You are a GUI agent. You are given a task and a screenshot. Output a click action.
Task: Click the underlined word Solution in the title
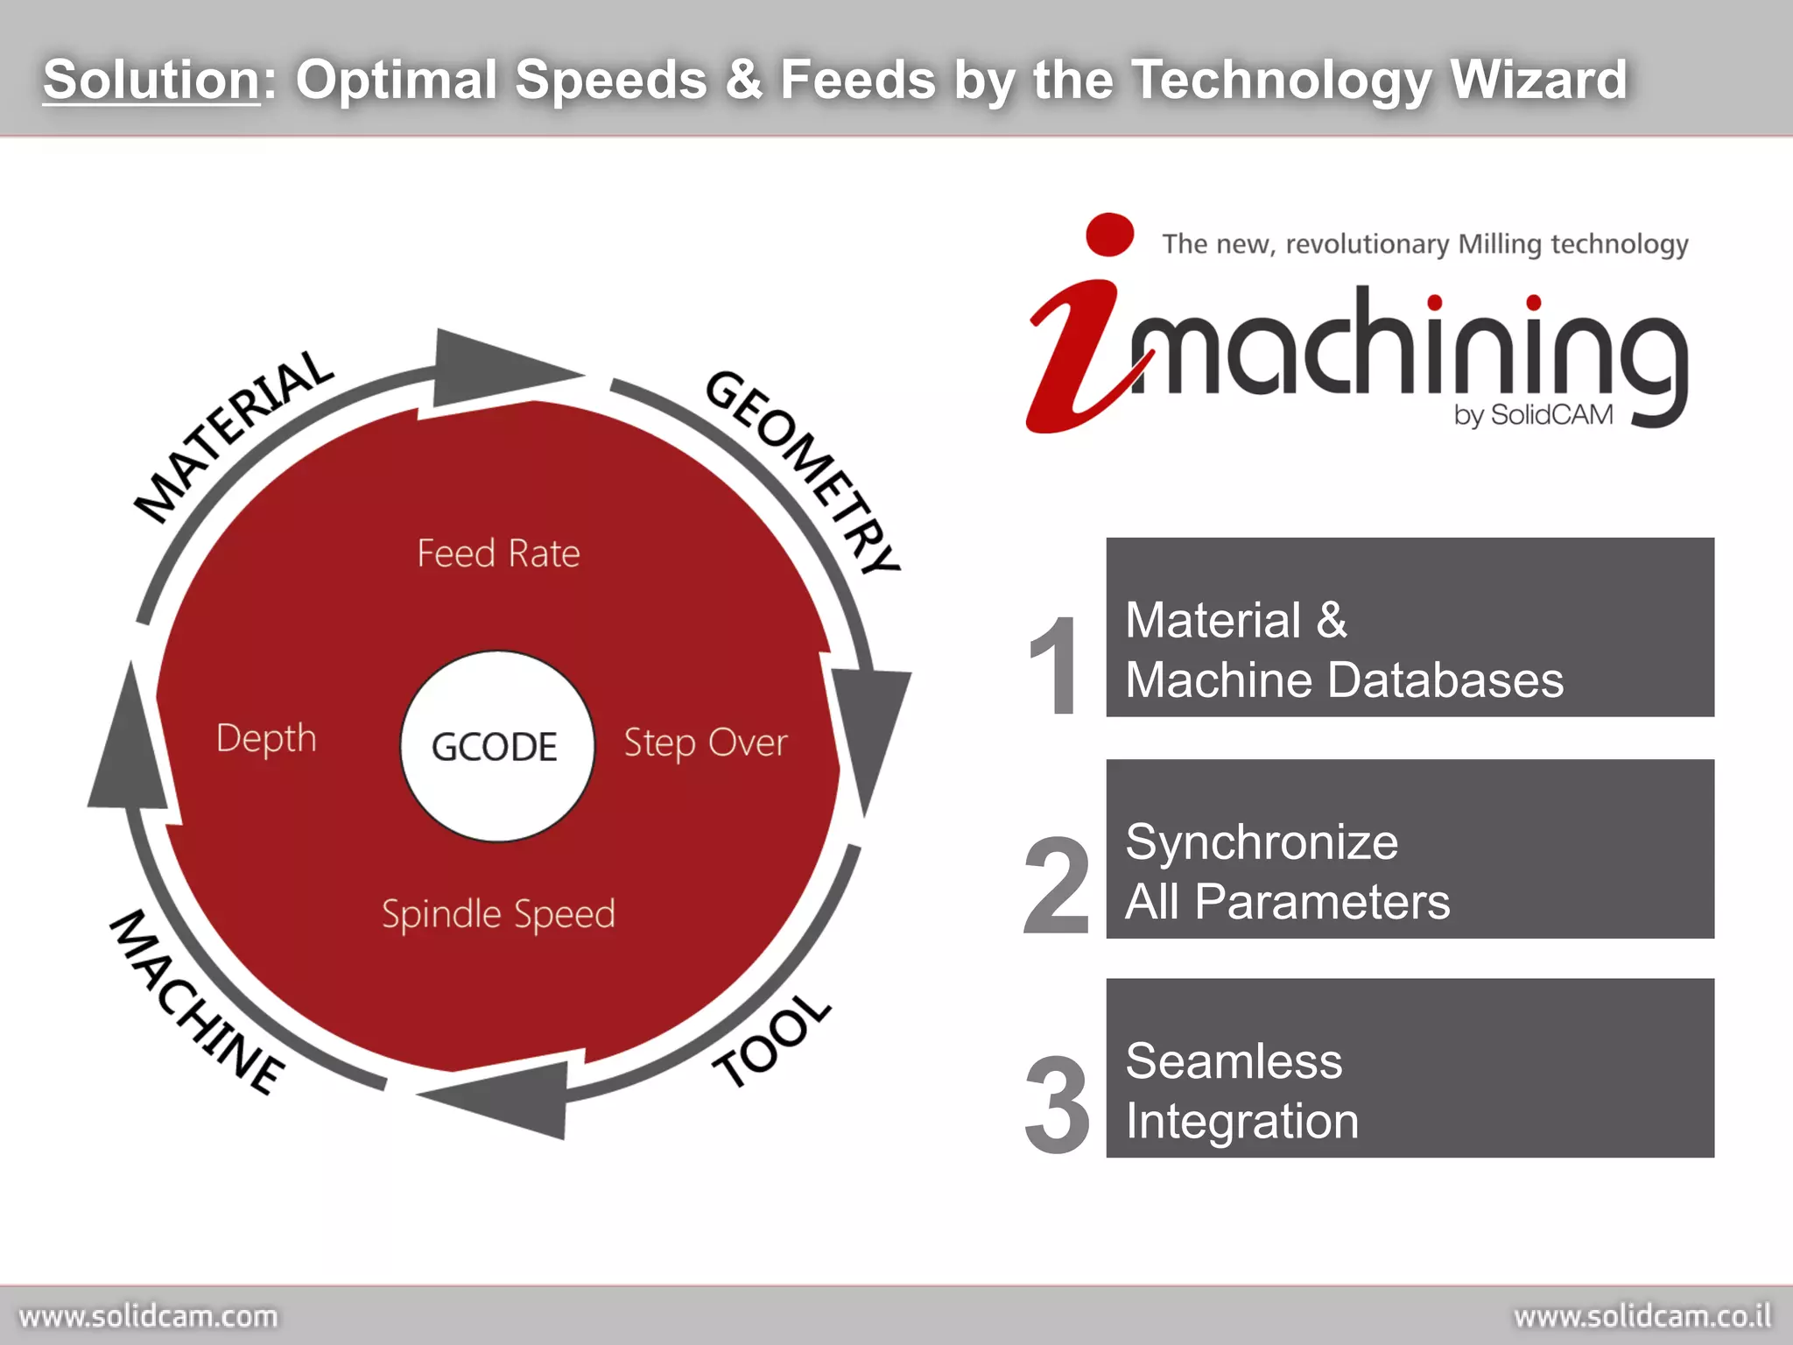(151, 80)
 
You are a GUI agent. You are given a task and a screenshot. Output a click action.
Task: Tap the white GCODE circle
(496, 746)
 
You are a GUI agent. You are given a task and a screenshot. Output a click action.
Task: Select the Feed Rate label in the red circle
(498, 553)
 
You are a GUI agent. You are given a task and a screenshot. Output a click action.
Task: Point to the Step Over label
(705, 743)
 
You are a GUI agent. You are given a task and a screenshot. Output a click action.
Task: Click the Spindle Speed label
(498, 914)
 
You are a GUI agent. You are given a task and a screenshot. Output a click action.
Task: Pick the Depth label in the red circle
(266, 738)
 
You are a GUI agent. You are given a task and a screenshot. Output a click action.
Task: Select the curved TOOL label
(771, 1041)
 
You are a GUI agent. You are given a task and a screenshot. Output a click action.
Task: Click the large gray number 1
(1055, 665)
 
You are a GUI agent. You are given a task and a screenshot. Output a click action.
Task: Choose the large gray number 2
(1057, 885)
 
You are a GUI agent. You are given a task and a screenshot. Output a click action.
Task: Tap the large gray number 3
(1058, 1105)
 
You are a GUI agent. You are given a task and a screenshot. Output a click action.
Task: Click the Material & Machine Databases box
(1410, 628)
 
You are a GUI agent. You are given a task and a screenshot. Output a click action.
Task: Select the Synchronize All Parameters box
(1410, 849)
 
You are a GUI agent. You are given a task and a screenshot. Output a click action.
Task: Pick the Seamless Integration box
(1410, 1068)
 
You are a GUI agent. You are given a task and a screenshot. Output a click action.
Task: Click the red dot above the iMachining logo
(1109, 235)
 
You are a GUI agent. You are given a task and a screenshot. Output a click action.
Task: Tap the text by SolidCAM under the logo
(1533, 414)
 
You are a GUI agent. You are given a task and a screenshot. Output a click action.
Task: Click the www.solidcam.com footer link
(148, 1317)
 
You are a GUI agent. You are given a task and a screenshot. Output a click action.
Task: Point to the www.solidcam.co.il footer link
(1642, 1317)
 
